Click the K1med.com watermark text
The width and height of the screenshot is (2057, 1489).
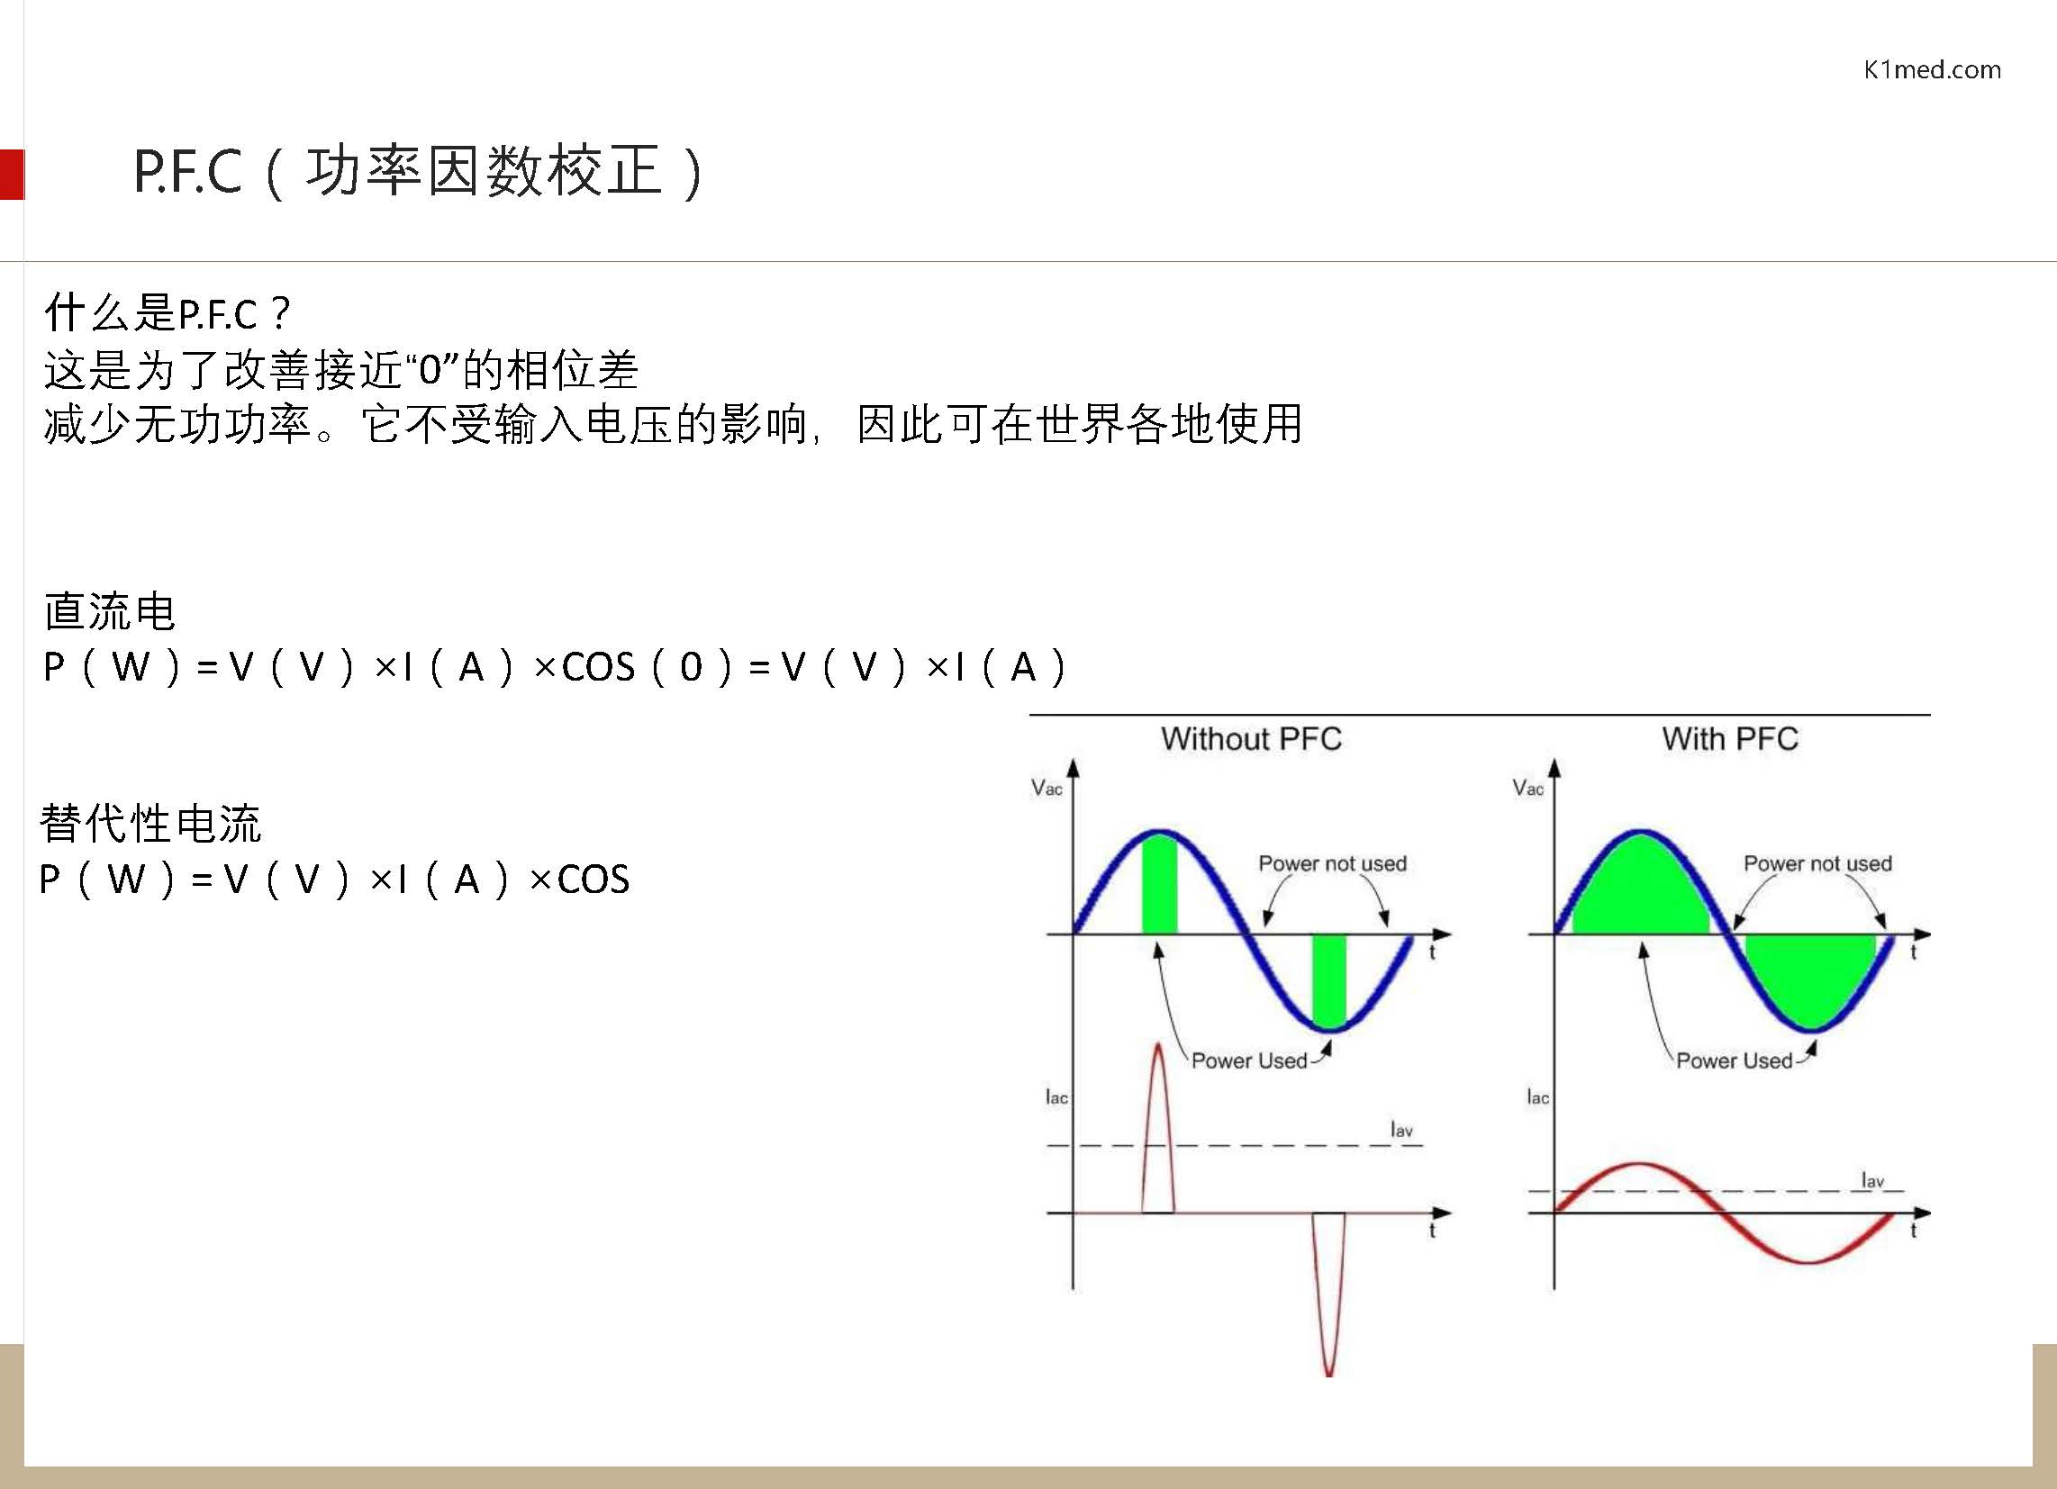coord(1932,70)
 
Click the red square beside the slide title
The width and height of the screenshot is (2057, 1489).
coord(12,174)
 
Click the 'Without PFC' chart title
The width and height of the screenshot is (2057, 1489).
coord(1251,739)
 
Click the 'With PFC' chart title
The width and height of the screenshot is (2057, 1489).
coord(1729,739)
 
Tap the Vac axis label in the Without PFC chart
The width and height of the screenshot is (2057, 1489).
coord(1047,788)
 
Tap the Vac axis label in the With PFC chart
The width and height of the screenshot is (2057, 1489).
coord(1527,788)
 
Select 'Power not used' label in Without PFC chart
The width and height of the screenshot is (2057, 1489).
coord(1332,863)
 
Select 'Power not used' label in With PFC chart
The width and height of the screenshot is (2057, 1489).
coord(1817,863)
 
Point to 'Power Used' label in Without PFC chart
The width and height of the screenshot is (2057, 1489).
coord(1249,1060)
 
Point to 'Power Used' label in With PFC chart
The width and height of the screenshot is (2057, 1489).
coord(1734,1060)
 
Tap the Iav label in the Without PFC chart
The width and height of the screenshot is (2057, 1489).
coord(1401,1130)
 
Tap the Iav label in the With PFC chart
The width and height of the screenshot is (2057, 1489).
coord(1872,1180)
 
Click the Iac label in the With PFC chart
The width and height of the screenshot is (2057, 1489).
coord(1537,1097)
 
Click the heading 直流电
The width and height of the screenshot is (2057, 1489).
coord(109,611)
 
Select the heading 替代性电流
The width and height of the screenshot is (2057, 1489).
coord(150,824)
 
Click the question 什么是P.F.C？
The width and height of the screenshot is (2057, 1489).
coord(167,314)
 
